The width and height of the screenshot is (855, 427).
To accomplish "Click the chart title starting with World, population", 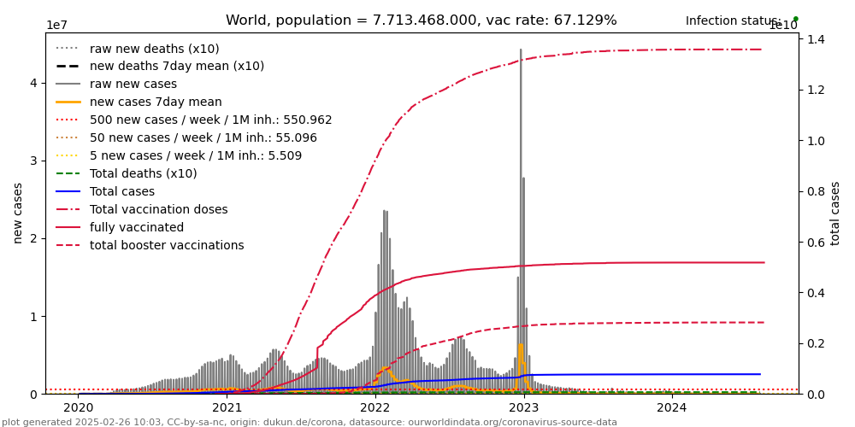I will (421, 20).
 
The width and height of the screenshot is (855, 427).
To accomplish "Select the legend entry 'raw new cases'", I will (133, 85).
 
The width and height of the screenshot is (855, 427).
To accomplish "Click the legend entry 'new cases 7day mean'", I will (156, 102).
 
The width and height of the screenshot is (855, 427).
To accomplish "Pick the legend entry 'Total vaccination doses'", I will (158, 210).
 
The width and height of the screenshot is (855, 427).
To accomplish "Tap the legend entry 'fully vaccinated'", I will (136, 228).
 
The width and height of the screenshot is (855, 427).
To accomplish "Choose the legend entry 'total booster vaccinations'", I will (167, 246).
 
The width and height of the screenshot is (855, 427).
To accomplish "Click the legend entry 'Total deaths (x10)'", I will (143, 174).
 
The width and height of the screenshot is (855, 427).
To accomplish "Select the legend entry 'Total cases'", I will (122, 192).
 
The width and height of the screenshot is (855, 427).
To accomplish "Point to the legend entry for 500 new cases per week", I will (210, 120).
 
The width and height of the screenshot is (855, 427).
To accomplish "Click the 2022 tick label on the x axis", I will (375, 408).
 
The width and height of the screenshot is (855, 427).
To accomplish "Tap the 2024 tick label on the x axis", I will (672, 408).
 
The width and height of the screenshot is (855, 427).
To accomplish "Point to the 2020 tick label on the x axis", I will (79, 408).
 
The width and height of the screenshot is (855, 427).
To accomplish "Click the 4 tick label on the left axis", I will (33, 83).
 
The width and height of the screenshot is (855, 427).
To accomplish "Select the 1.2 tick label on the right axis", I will (816, 90).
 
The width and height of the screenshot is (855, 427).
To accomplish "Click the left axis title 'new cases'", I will (18, 213).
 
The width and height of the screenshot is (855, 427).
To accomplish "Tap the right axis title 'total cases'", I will (836, 213).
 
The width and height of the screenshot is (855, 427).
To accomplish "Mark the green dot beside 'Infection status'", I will (795, 19).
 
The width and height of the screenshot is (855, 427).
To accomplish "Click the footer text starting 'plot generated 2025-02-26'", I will (310, 422).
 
